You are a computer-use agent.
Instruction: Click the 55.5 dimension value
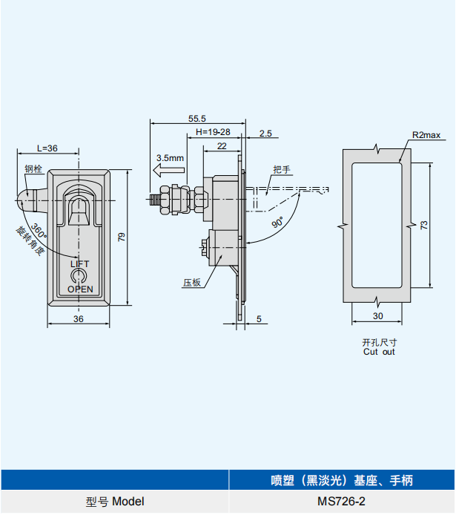(196, 118)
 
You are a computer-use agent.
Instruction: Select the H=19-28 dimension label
(213, 132)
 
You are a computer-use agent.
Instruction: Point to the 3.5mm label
(170, 158)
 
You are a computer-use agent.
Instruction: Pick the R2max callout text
(426, 135)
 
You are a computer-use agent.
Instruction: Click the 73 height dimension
(424, 225)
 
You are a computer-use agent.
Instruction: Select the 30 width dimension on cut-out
(378, 316)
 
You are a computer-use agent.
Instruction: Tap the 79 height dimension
(122, 237)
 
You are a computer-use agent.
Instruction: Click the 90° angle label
(277, 222)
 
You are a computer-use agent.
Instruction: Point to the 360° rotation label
(39, 231)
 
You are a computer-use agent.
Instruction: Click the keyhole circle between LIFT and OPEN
(79, 277)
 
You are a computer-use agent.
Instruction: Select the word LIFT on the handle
(79, 264)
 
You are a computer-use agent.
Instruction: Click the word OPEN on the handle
(80, 289)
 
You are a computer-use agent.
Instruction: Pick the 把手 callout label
(282, 170)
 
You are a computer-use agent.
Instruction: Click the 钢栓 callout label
(33, 168)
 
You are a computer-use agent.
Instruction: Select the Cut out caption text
(379, 352)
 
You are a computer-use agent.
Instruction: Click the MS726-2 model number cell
(341, 502)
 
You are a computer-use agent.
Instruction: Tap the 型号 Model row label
(115, 502)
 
